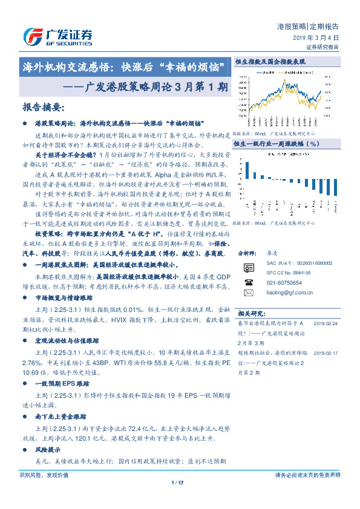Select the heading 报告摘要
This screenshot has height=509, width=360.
pyautogui.click(x=43, y=108)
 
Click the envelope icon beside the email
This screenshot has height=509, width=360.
pyautogui.click(x=248, y=293)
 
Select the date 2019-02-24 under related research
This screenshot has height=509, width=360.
pyautogui.click(x=326, y=324)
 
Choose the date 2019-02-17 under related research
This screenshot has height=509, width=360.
pyautogui.click(x=326, y=351)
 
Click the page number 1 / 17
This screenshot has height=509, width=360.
pyautogui.click(x=177, y=482)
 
